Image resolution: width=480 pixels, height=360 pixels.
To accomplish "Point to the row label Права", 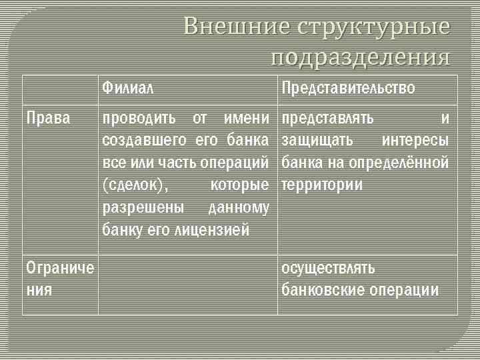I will pyautogui.click(x=47, y=119).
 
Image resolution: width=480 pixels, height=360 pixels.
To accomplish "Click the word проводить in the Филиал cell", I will pyautogui.click(x=139, y=119).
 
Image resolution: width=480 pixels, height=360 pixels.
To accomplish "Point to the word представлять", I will pyautogui.click(x=327, y=119).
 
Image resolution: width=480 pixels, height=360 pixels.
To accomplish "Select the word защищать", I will pyautogui.click(x=315, y=141).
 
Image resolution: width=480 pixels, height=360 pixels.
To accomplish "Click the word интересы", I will pyautogui.click(x=415, y=141).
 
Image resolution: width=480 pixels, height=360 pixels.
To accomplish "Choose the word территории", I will pyautogui.click(x=322, y=185).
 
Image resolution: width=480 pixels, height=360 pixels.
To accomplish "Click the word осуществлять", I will pyautogui.click(x=328, y=268).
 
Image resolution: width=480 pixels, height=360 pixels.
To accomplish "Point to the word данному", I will pyautogui.click(x=239, y=207).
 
